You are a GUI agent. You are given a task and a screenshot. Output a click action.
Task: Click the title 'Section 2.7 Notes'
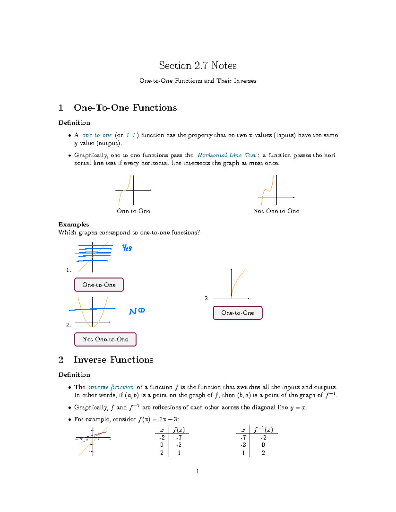pyautogui.click(x=198, y=65)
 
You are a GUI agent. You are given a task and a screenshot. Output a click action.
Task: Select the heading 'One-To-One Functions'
pyautogui.click(x=125, y=108)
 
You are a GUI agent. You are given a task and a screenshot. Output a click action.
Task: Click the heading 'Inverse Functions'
pyautogui.click(x=114, y=360)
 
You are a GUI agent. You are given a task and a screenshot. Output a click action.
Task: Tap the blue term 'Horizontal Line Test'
pyautogui.click(x=227, y=155)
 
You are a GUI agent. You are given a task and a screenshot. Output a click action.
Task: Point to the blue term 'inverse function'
pyautogui.click(x=111, y=387)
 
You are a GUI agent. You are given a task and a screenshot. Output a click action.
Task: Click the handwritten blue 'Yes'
pyautogui.click(x=127, y=248)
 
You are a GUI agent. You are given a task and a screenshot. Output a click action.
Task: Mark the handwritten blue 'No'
pyautogui.click(x=137, y=311)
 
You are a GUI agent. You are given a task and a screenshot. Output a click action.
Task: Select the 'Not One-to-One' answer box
pyautogui.click(x=105, y=339)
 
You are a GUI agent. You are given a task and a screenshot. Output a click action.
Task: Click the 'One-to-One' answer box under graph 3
pyautogui.click(x=238, y=313)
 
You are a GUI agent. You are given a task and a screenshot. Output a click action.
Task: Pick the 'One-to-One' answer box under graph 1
pyautogui.click(x=99, y=285)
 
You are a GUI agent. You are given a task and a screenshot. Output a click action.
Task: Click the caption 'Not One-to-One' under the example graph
pyautogui.click(x=276, y=211)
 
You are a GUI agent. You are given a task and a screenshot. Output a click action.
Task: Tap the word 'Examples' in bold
pyautogui.click(x=74, y=224)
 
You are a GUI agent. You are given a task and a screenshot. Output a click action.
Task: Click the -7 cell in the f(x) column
pyautogui.click(x=179, y=438)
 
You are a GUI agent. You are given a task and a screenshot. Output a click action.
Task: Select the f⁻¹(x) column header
pyautogui.click(x=263, y=430)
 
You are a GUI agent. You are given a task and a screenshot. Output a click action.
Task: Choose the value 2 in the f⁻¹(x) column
pyautogui.click(x=263, y=453)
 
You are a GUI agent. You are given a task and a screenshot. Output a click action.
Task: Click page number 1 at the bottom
pyautogui.click(x=198, y=471)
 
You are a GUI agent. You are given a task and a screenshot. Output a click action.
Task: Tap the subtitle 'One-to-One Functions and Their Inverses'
pyautogui.click(x=198, y=81)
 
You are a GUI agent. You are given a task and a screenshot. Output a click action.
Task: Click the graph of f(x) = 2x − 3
pyautogui.click(x=93, y=441)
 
